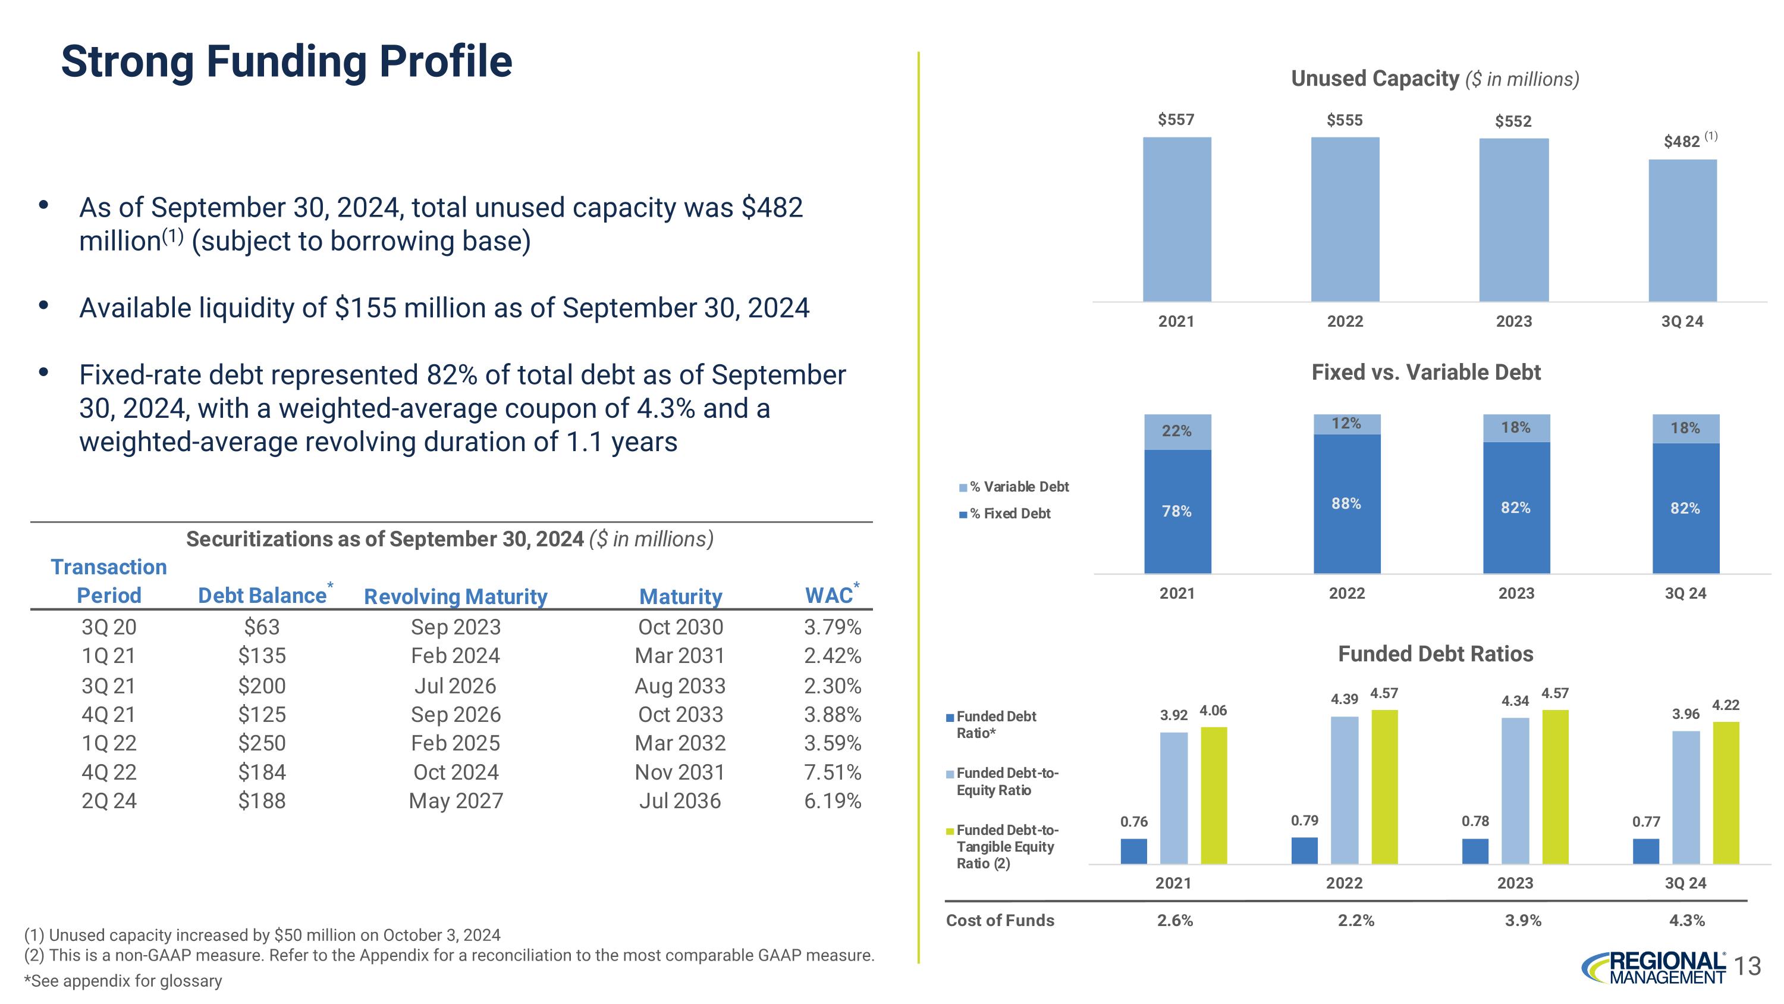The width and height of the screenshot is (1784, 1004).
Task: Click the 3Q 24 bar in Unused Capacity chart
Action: click(1682, 230)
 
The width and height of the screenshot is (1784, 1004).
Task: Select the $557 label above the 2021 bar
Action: click(1176, 120)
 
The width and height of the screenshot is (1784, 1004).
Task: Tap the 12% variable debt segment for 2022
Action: click(1346, 423)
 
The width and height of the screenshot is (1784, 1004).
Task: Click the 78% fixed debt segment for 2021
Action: click(1177, 511)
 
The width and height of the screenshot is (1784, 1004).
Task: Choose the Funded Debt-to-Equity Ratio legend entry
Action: click(1007, 781)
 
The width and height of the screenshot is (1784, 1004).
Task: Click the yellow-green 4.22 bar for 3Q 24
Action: click(1725, 793)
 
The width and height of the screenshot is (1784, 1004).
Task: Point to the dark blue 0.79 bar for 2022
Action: click(1304, 850)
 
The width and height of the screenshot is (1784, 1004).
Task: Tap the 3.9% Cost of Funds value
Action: click(1522, 920)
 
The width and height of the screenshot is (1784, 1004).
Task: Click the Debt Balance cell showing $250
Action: click(262, 743)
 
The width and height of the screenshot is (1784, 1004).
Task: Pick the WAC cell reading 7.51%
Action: click(833, 772)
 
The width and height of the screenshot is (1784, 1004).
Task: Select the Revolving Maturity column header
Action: click(455, 596)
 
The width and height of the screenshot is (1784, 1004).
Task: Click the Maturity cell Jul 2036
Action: click(679, 801)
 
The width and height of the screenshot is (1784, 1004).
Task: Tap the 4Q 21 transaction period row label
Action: click(109, 714)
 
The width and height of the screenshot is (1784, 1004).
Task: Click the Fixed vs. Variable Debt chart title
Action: click(1425, 373)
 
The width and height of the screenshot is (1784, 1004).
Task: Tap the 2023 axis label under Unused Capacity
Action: click(1513, 321)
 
